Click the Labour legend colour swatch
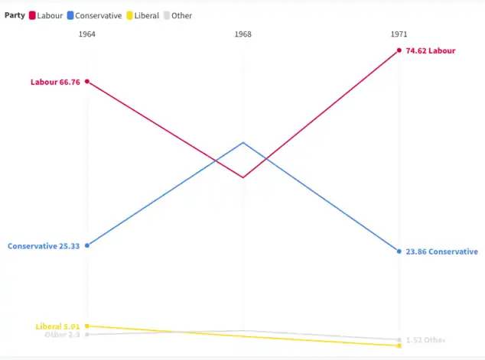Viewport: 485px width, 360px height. click(32, 15)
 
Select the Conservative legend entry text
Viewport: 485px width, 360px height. click(98, 15)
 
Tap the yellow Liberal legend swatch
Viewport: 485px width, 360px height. click(129, 15)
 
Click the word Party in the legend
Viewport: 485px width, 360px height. click(15, 15)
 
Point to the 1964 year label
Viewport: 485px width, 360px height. click(87, 34)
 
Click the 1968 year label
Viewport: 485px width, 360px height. click(243, 34)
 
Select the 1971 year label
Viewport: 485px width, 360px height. click(399, 34)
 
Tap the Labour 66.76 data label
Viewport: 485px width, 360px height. click(55, 82)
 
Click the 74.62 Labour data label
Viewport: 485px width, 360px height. click(430, 51)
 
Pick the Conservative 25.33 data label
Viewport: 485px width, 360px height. click(44, 246)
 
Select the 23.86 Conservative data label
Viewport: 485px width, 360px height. click(441, 251)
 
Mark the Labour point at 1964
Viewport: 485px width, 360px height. click(87, 81)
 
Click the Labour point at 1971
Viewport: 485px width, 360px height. click(399, 50)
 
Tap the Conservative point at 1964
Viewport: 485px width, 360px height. click(87, 245)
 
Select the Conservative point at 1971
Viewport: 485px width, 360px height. click(399, 251)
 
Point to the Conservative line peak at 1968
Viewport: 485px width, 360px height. click(243, 142)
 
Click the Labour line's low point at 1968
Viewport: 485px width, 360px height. click(243, 177)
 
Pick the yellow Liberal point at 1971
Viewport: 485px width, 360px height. click(399, 346)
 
